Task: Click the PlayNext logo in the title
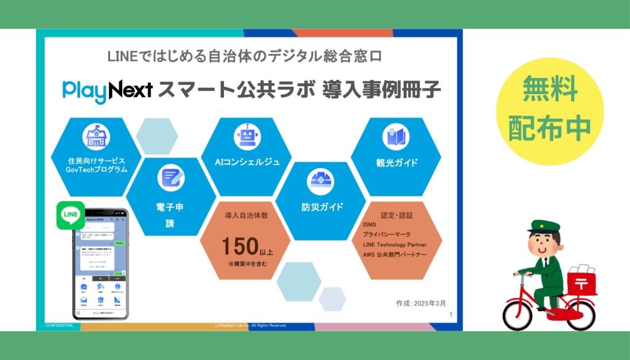107,89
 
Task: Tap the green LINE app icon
70,215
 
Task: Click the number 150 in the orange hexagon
241,246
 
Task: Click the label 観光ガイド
397,163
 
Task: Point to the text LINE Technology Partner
395,244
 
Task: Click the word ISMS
370,225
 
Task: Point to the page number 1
451,315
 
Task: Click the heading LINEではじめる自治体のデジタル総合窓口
245,57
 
